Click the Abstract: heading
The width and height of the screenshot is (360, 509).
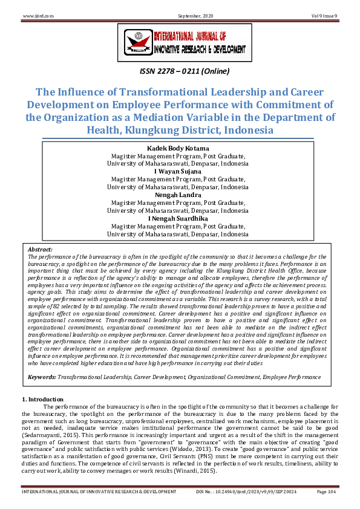(x=41, y=249)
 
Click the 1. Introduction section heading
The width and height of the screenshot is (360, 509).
(x=42, y=400)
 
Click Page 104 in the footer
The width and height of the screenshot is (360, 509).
(x=327, y=491)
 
